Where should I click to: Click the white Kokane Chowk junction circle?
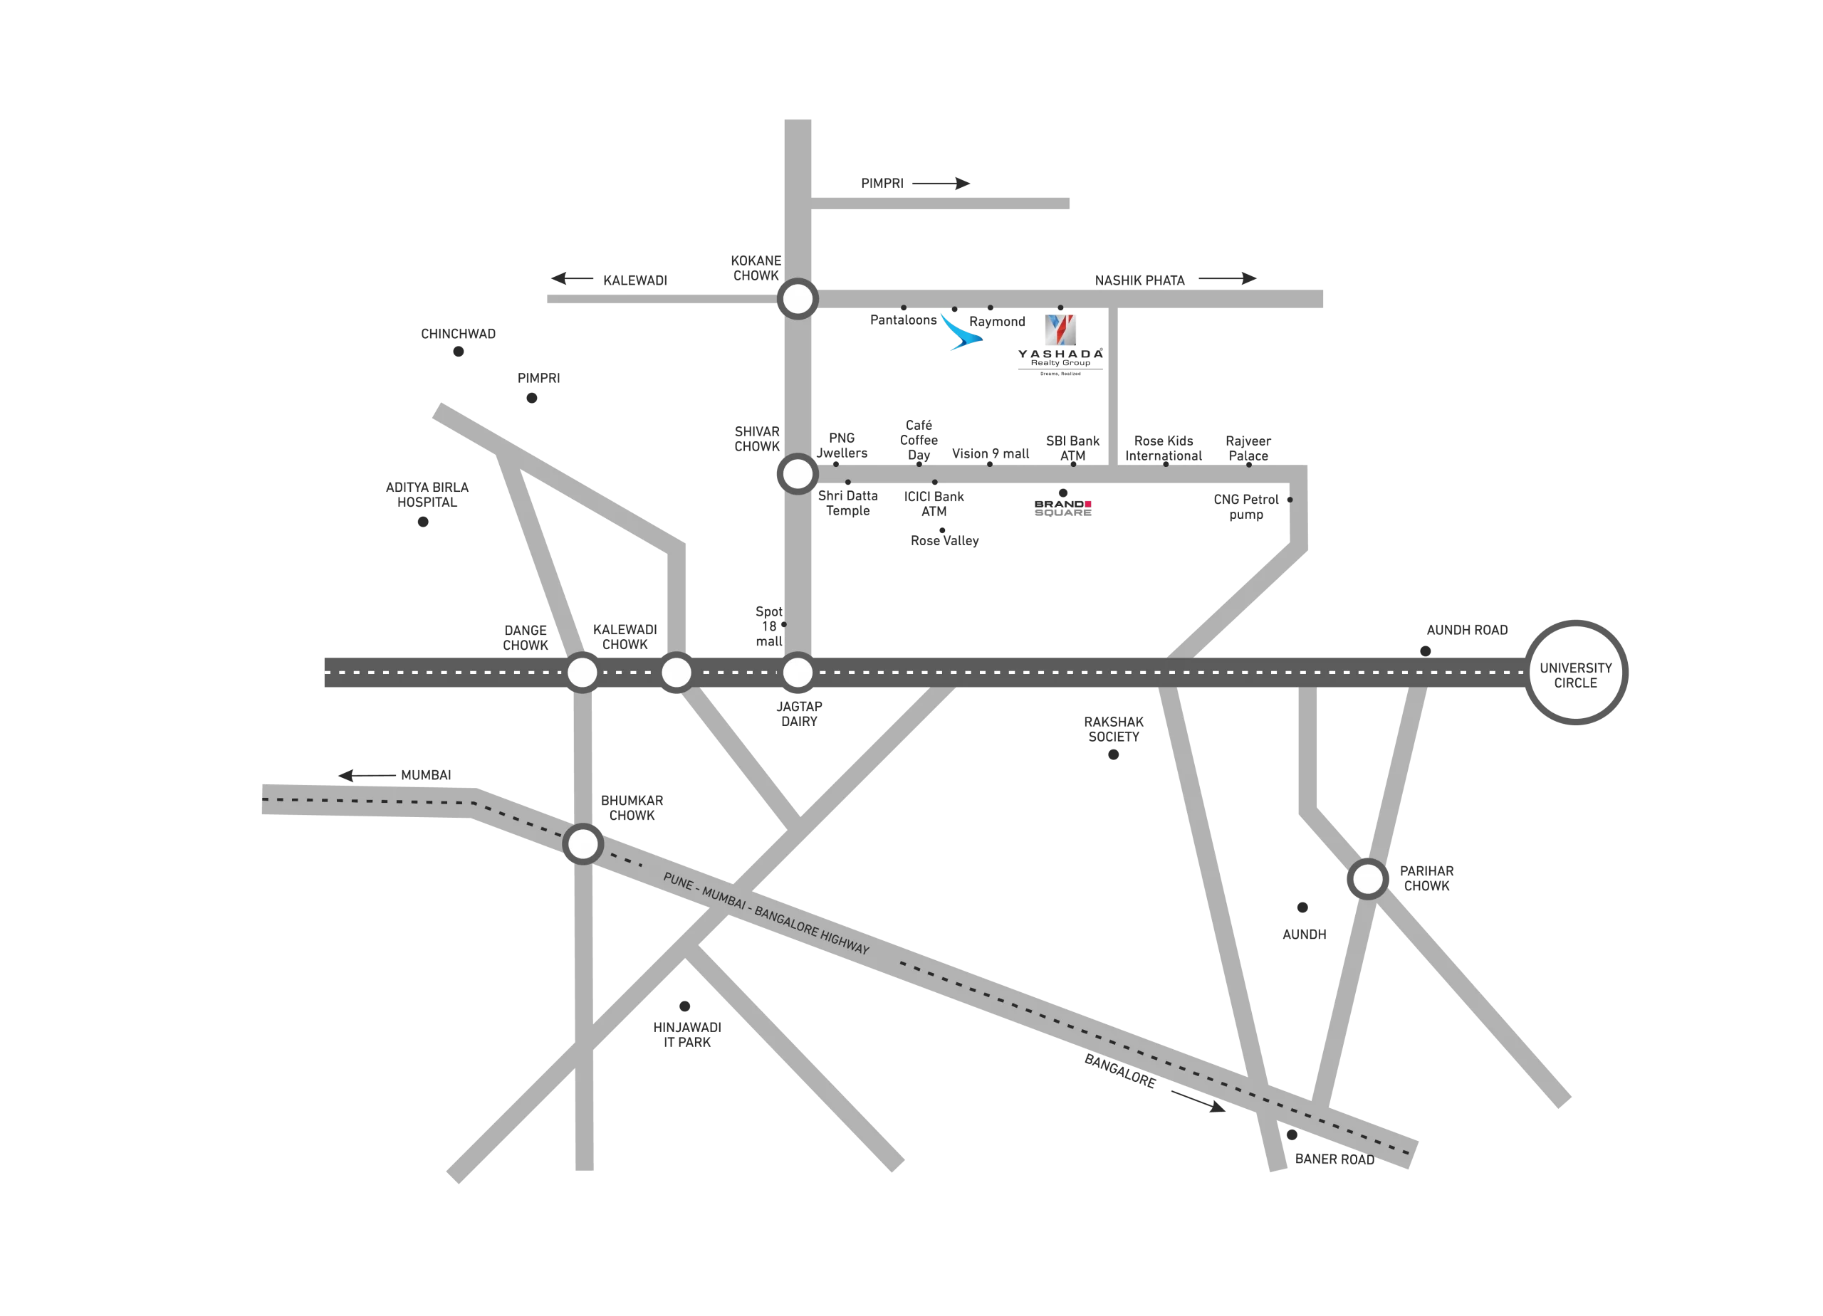click(x=798, y=299)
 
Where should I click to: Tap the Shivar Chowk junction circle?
click(x=798, y=474)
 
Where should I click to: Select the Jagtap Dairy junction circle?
click(x=798, y=673)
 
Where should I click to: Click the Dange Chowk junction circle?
click(x=583, y=673)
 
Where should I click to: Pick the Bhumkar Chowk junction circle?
click(x=583, y=844)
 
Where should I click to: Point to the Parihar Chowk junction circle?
click(x=1367, y=879)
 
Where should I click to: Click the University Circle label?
click(x=1574, y=675)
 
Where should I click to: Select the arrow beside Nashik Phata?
click(x=1228, y=279)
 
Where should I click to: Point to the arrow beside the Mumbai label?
click(x=366, y=775)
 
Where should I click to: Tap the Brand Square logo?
click(x=1062, y=507)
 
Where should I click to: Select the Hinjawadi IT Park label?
click(x=687, y=1034)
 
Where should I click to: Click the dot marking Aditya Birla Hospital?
click(x=423, y=522)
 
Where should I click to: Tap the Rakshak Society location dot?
click(x=1113, y=754)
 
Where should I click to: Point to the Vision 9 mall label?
click(x=991, y=454)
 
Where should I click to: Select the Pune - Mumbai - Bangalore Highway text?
click(x=766, y=913)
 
